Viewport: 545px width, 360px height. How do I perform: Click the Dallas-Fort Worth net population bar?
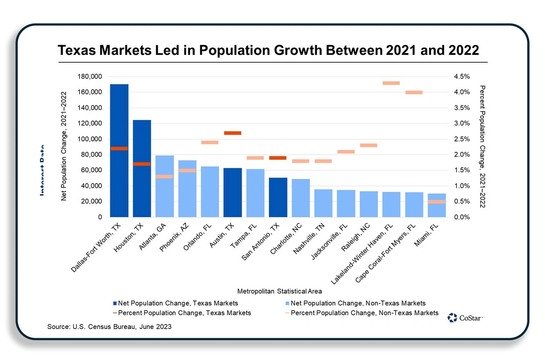[x=119, y=182]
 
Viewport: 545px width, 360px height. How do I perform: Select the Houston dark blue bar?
[x=142, y=191]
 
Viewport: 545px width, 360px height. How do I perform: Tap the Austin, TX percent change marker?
[x=233, y=133]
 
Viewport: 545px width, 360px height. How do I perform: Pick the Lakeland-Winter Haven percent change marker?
[x=391, y=83]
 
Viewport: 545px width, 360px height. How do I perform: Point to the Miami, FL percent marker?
[x=436, y=202]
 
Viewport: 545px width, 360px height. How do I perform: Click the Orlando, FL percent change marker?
[x=210, y=142]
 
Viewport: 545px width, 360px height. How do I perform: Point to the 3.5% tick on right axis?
[x=461, y=108]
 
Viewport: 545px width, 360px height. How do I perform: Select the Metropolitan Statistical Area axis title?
[x=279, y=291]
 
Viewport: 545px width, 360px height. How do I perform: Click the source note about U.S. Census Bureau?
[x=109, y=327]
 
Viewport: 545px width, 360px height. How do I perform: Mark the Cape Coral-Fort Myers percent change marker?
[x=414, y=92]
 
